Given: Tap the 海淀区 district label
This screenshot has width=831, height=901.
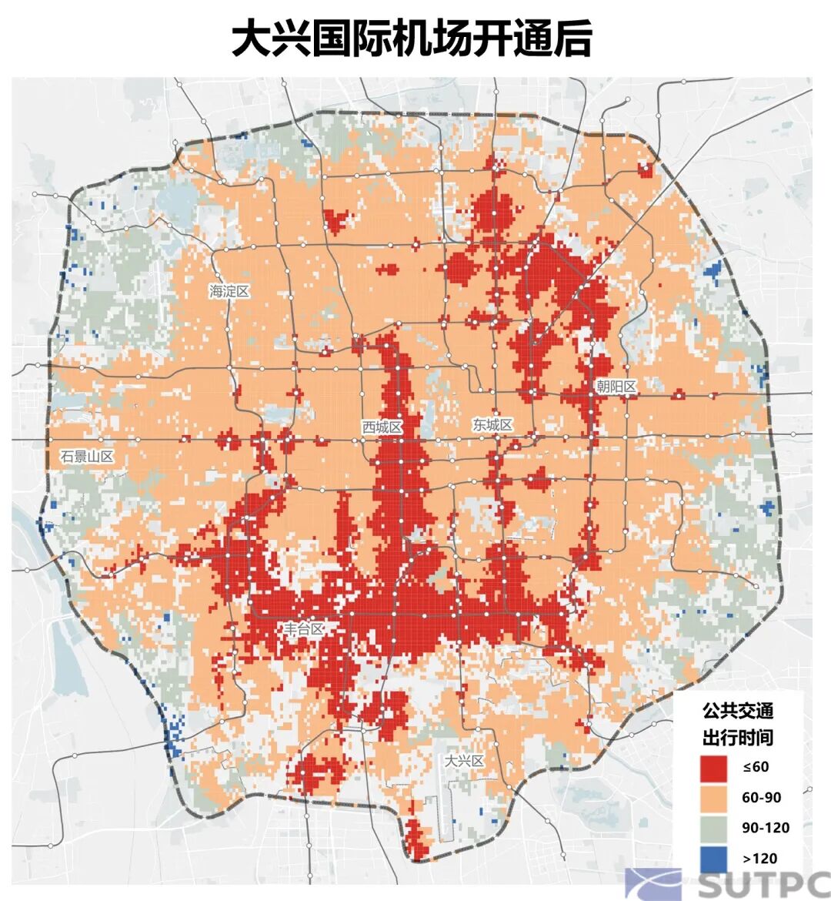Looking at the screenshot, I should point(229,291).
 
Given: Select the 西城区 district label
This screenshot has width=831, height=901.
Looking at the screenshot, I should point(382,427).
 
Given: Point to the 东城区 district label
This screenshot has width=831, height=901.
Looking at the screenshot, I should point(492,424).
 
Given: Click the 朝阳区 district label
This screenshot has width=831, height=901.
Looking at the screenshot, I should point(616,387).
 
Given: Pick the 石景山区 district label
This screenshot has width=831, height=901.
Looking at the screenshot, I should point(87,457).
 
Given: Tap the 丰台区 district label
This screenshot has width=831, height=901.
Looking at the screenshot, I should point(304,629).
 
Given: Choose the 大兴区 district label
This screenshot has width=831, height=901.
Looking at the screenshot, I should point(465,761).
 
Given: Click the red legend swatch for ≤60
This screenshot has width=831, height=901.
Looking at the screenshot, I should point(714,767).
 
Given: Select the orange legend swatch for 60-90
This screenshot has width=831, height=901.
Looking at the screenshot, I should point(714,798).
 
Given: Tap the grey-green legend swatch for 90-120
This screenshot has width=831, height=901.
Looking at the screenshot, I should point(714,828).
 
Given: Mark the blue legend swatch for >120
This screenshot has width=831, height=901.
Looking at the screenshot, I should point(714,858).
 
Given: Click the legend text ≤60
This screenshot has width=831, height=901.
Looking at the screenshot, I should point(756,767).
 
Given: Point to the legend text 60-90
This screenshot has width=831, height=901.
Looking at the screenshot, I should point(761,798).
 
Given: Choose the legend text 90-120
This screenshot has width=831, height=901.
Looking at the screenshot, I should point(766,828).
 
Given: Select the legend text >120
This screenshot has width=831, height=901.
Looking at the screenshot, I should point(759,859).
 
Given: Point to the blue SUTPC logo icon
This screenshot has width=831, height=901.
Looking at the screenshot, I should point(652,884).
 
